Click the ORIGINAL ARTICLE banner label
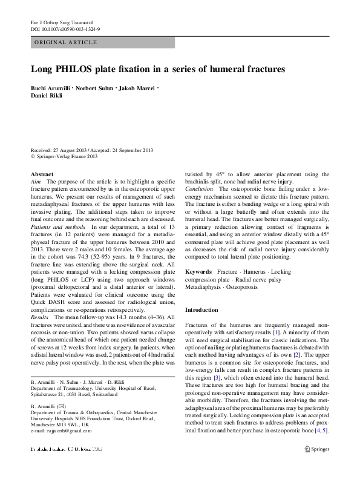click(66, 42)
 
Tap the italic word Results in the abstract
click(40, 317)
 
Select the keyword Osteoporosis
click(258, 288)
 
